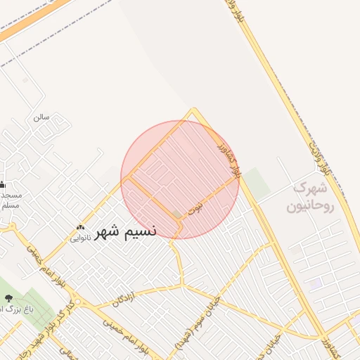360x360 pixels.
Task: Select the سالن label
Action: [41, 117]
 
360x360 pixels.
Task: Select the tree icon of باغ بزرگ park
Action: [8, 299]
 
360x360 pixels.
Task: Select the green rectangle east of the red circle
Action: [257, 183]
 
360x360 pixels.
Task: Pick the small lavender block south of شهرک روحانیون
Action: [314, 283]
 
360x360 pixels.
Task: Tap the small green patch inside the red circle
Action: [176, 214]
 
